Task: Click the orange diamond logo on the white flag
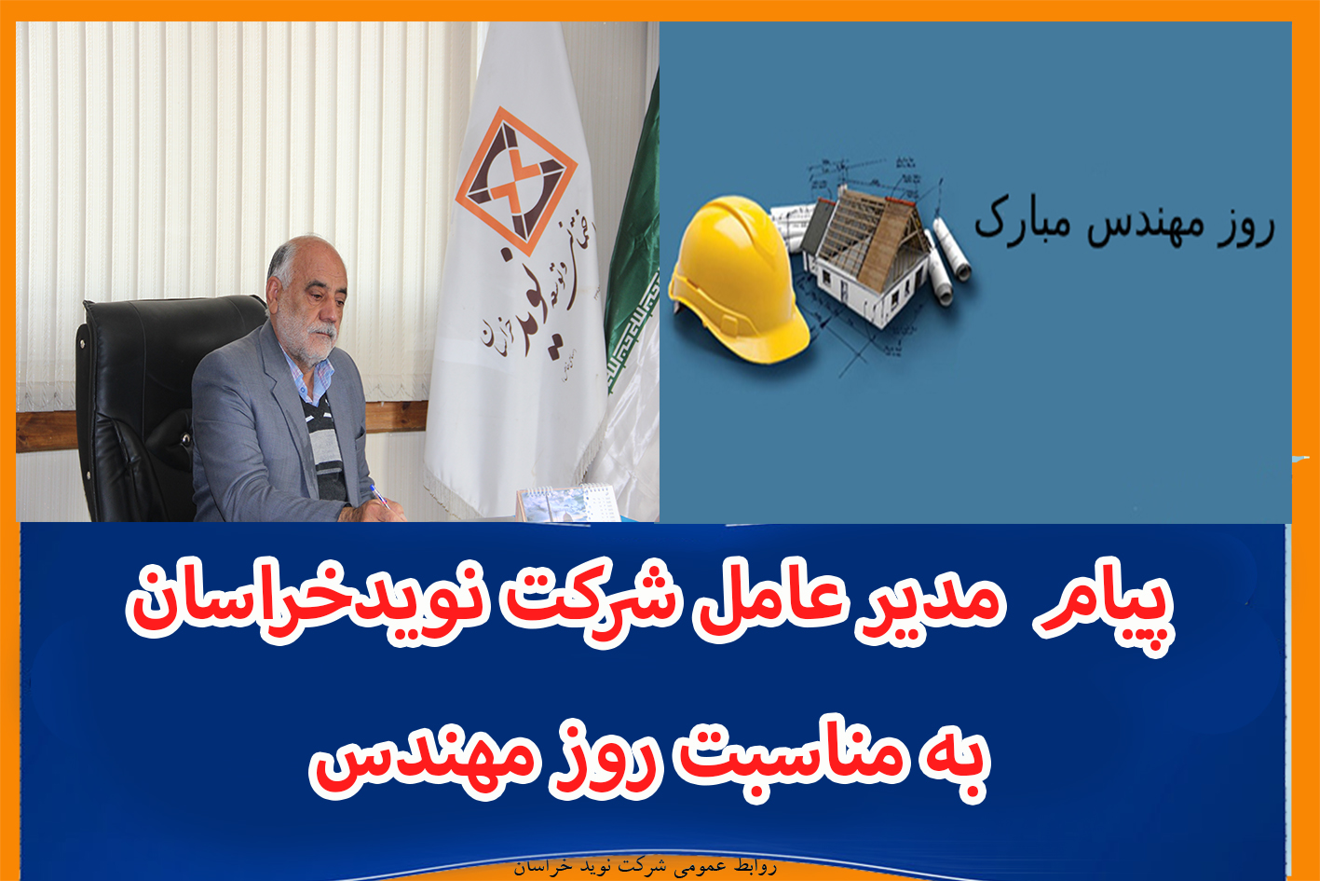click(x=516, y=180)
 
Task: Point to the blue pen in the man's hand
click(x=379, y=496)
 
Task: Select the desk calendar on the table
click(x=567, y=503)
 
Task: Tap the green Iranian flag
click(x=633, y=248)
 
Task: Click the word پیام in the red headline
click(x=1108, y=608)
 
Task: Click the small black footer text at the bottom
click(x=646, y=867)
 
